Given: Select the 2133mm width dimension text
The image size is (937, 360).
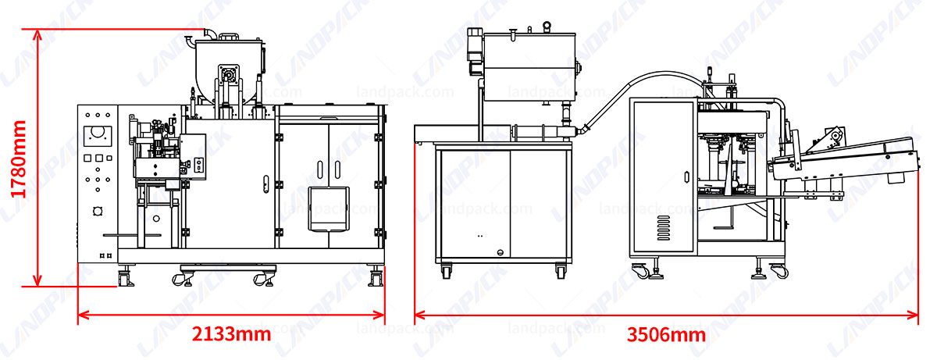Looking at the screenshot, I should (231, 334).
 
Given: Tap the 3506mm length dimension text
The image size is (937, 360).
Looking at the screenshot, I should (666, 335).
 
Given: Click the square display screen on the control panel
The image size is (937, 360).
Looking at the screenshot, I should (98, 134).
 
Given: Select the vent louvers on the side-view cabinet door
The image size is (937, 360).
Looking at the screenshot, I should (663, 227).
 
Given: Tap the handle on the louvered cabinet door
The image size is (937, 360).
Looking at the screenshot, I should (686, 176).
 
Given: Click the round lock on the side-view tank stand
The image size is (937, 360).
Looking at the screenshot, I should (501, 252).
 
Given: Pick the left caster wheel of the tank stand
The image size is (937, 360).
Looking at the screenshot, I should (446, 272).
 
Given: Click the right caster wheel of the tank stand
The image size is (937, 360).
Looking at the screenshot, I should (561, 272).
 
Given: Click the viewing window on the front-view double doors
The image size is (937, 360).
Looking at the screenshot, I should (328, 209).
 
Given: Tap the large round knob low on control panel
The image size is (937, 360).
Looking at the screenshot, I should (98, 211).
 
